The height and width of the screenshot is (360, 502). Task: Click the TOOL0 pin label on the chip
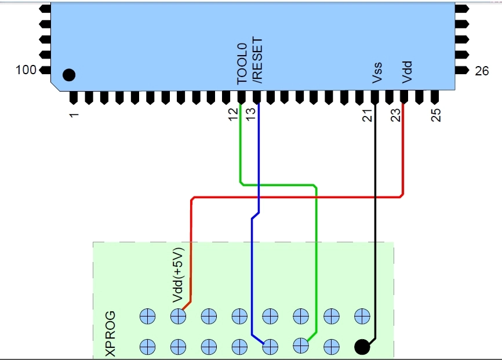click(x=242, y=63)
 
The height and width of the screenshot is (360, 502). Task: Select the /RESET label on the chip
click(x=257, y=60)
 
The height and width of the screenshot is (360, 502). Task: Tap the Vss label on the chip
click(x=377, y=72)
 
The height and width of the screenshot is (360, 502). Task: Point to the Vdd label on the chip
click(x=407, y=72)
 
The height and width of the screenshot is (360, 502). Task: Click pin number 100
click(x=26, y=70)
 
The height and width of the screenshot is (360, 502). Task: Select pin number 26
click(x=482, y=71)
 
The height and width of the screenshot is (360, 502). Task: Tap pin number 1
click(x=74, y=115)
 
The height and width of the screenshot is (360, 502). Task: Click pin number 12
click(x=234, y=114)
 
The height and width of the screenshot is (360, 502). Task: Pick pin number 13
click(x=251, y=114)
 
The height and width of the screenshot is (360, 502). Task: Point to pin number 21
click(x=368, y=115)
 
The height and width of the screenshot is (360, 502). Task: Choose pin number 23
click(x=396, y=115)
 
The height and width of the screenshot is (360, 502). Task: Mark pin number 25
click(x=436, y=115)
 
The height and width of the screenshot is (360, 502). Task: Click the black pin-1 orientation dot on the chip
click(x=69, y=75)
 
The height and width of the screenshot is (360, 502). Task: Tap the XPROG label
click(x=111, y=333)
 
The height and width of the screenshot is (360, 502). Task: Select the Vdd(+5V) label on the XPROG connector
click(x=179, y=275)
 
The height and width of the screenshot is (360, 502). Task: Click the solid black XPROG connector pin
click(x=362, y=347)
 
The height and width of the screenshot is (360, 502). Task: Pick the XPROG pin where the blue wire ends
click(x=270, y=347)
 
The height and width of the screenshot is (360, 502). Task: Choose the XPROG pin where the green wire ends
click(x=301, y=346)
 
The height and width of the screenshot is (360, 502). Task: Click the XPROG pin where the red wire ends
click(x=179, y=317)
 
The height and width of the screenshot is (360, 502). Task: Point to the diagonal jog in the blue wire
click(x=255, y=216)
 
